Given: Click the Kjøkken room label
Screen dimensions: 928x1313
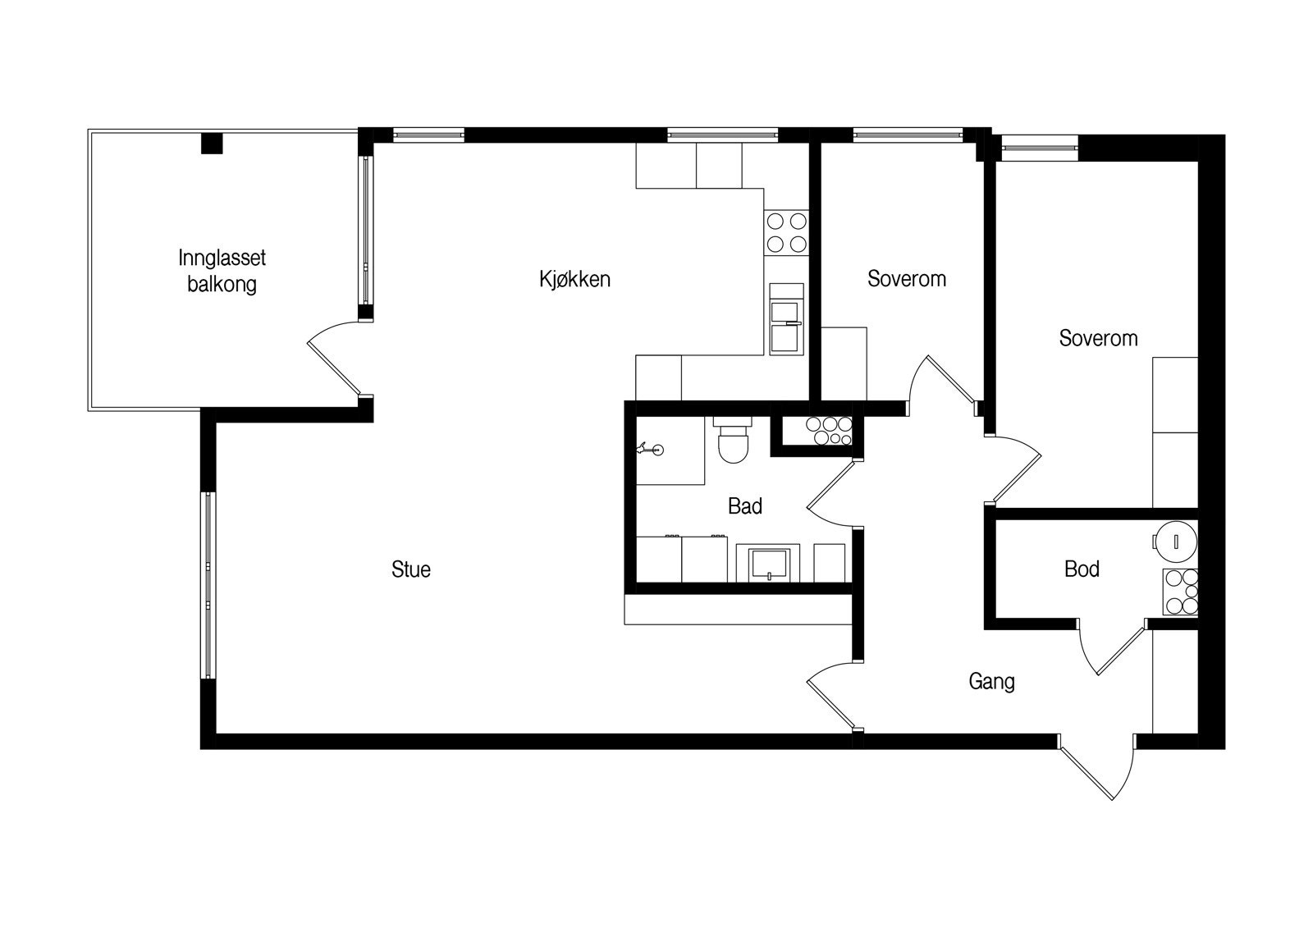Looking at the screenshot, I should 574,279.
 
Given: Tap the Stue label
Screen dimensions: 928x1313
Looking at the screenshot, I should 411,569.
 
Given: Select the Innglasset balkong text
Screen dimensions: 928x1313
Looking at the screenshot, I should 222,272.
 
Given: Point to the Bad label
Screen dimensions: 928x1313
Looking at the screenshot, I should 745,506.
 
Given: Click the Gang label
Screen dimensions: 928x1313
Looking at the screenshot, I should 991,681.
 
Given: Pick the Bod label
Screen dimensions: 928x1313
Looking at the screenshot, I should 1082,569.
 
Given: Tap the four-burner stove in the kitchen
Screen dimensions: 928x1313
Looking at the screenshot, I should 786,232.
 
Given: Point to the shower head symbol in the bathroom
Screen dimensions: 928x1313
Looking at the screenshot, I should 652,449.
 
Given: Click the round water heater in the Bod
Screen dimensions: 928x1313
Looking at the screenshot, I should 1175,540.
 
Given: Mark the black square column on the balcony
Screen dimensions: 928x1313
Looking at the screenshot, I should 213,144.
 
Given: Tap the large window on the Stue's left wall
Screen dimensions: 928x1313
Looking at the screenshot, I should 208,585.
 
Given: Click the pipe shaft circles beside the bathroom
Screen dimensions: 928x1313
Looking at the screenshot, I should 829,430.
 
